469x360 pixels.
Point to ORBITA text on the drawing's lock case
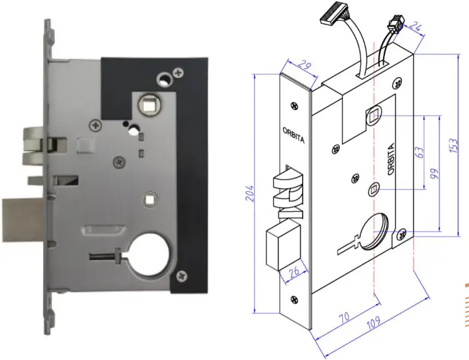(391, 159)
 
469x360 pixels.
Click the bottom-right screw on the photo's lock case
(182, 274)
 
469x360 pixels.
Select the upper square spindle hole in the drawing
(373, 115)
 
